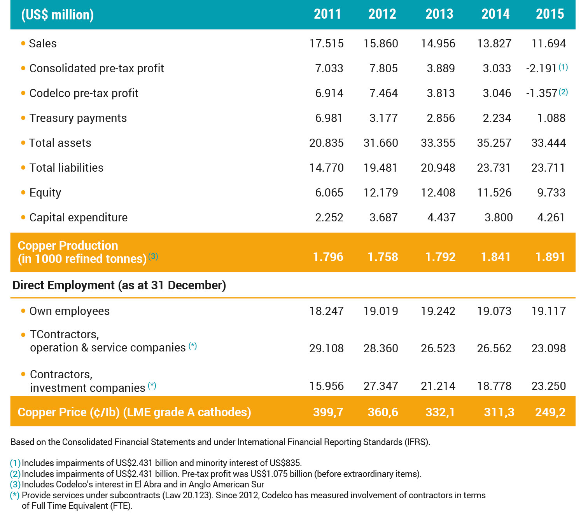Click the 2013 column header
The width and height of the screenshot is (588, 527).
(x=439, y=14)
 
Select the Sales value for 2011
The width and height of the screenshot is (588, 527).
(x=326, y=43)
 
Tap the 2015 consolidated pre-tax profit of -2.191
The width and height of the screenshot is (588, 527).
(x=541, y=68)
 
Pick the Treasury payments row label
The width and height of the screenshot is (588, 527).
(x=78, y=118)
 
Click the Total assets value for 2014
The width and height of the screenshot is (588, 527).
(x=494, y=143)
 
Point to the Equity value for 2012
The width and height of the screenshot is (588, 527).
(x=381, y=193)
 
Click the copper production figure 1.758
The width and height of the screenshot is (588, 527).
(x=383, y=257)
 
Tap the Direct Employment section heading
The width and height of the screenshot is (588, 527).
(x=119, y=285)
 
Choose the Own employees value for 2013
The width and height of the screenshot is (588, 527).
(x=438, y=311)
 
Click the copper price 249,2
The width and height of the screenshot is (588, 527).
(x=550, y=412)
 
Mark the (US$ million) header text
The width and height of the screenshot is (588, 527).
(x=58, y=15)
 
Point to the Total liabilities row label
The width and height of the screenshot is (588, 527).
(x=66, y=168)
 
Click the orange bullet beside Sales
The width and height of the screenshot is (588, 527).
(x=23, y=43)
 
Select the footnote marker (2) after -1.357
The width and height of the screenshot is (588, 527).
(x=563, y=92)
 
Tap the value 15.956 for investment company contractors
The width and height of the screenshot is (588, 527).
(x=326, y=386)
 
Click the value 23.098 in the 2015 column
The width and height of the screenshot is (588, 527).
(x=548, y=348)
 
